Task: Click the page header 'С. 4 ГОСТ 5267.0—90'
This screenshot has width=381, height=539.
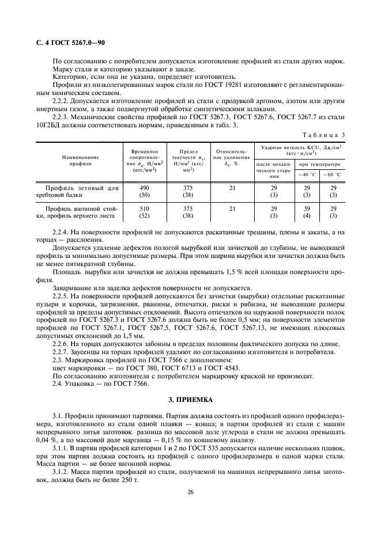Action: pyautogui.click(x=67, y=43)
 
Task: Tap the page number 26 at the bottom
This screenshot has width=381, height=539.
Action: pyautogui.click(x=190, y=492)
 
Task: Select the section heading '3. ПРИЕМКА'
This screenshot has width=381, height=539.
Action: pyautogui.click(x=190, y=398)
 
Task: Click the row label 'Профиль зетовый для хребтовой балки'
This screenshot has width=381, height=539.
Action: pyautogui.click(x=81, y=192)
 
